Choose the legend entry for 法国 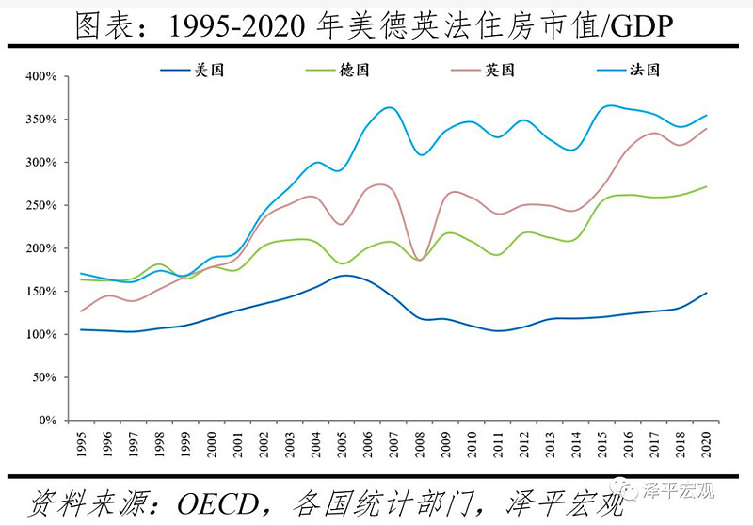pos(646,70)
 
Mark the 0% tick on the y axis pos(48,421)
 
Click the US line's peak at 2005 pos(345,276)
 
